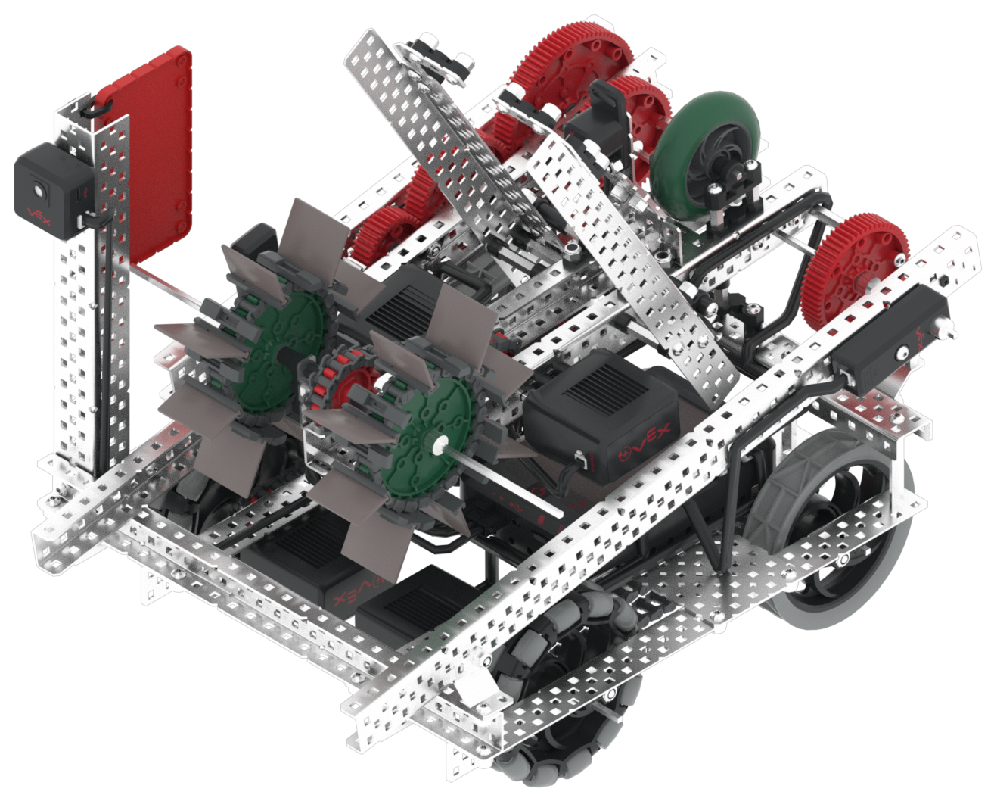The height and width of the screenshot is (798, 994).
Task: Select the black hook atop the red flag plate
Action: (x=101, y=112)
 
